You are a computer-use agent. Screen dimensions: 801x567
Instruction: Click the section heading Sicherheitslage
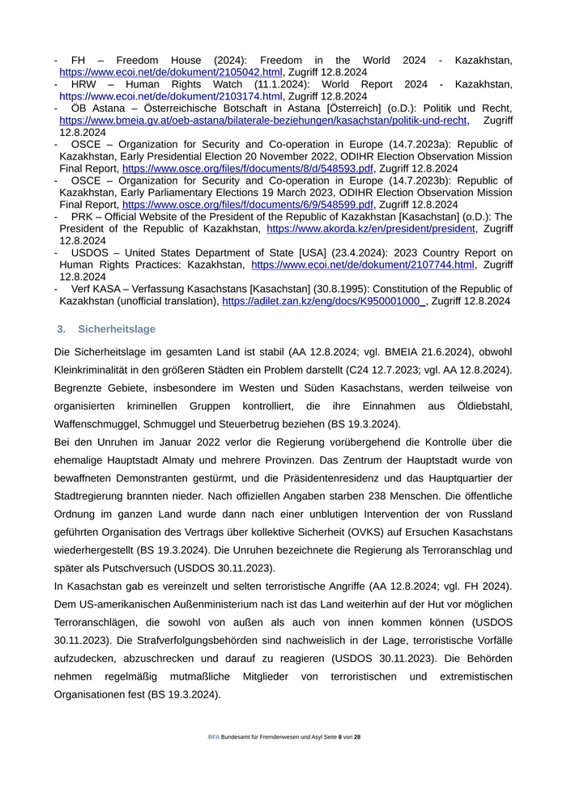tap(117, 329)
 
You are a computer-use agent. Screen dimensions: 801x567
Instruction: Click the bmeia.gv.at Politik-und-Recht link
tap(263, 121)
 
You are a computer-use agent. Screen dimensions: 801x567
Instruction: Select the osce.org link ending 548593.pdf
tap(248, 168)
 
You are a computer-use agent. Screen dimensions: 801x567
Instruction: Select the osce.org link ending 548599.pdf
tap(248, 205)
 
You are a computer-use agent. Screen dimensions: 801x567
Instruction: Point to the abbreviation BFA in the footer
tap(214, 737)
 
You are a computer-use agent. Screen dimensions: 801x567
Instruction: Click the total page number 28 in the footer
tap(357, 737)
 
